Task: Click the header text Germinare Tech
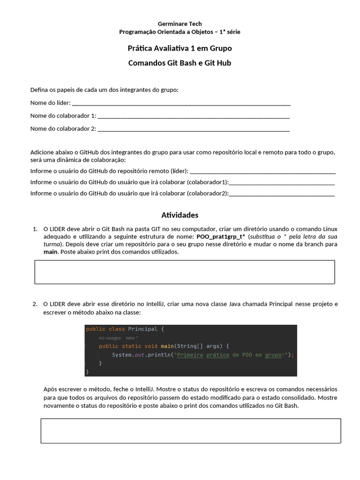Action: pos(180,23)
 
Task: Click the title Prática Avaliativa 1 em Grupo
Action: pos(180,48)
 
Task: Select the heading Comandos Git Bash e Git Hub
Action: pos(180,63)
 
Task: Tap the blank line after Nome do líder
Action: pos(181,104)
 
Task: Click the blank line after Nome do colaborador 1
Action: pos(194,116)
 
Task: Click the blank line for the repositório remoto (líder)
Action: pos(263,172)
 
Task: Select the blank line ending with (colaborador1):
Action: pos(282,183)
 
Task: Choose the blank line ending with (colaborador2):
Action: pos(282,194)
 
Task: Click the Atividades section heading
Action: pos(180,215)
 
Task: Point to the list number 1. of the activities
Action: pos(35,229)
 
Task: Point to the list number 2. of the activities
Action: pos(35,304)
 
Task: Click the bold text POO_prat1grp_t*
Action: pos(221,237)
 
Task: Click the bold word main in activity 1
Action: pos(50,252)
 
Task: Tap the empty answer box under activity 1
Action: pos(185,272)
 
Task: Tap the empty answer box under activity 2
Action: pos(190,431)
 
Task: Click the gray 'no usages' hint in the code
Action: pos(110,338)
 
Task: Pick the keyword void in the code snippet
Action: pos(151,346)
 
